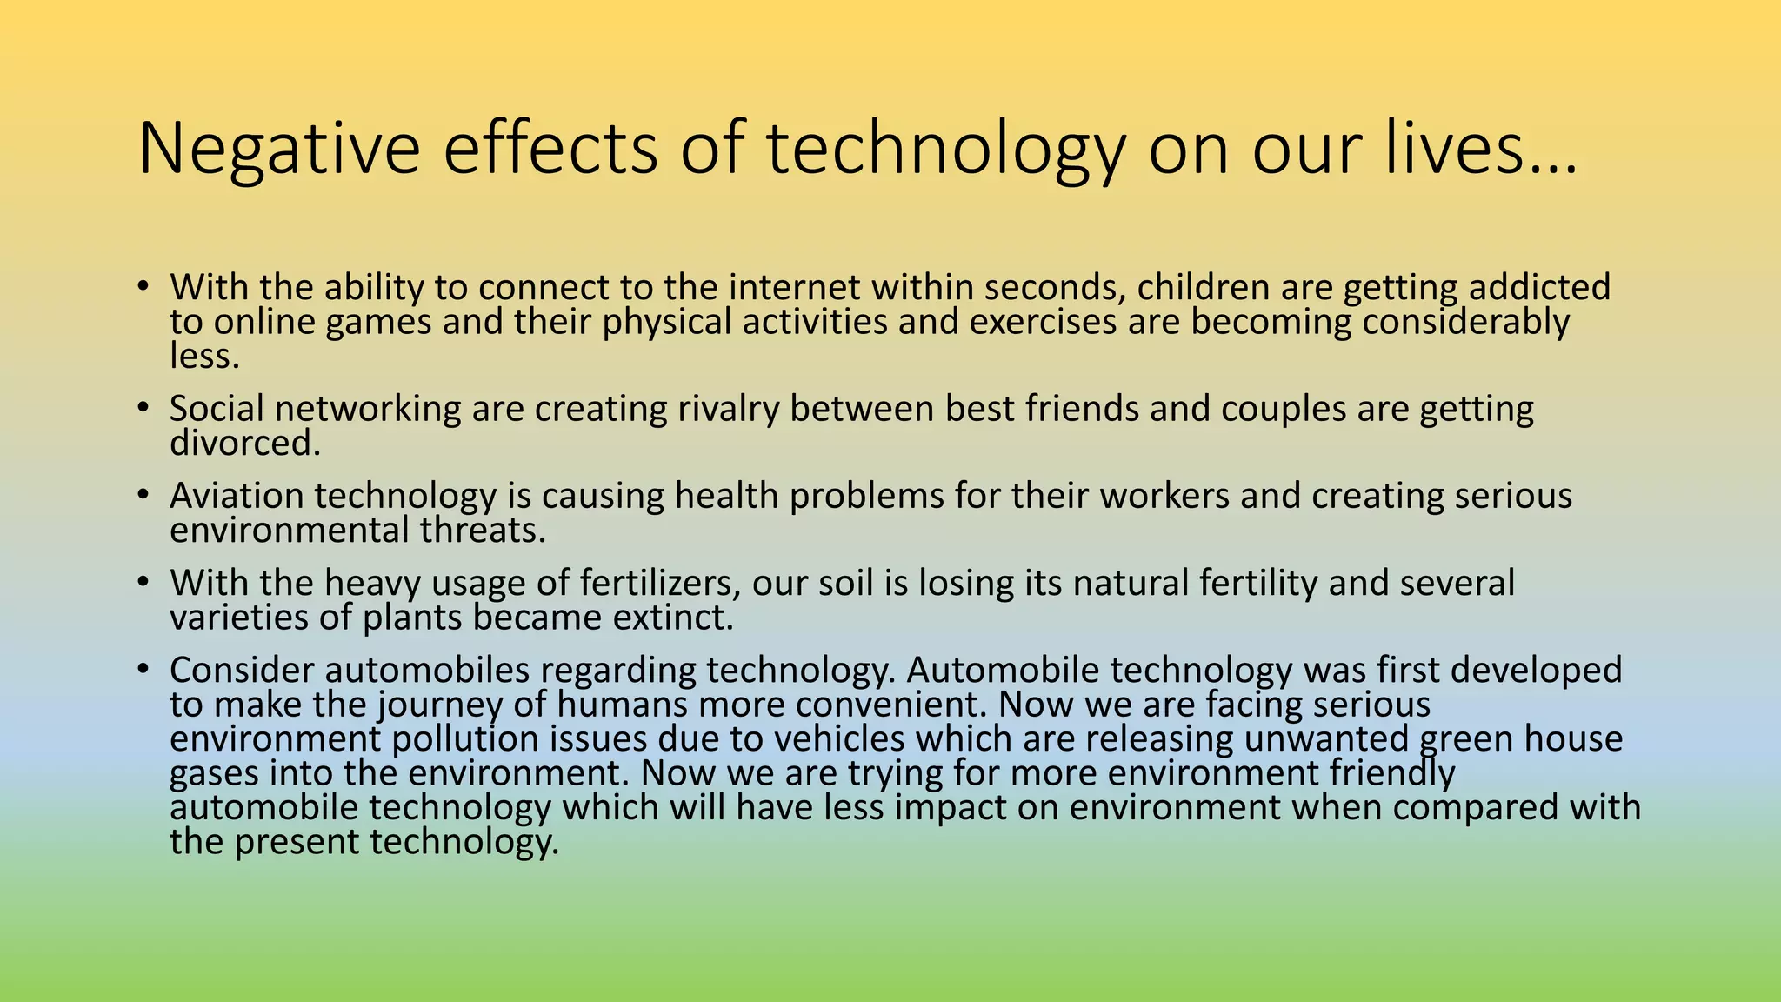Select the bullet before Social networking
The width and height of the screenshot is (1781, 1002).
point(143,408)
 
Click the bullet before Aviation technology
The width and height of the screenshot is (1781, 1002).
point(143,495)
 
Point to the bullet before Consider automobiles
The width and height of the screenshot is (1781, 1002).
point(143,670)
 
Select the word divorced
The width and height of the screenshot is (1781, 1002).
point(244,443)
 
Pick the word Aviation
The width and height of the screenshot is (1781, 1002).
point(237,496)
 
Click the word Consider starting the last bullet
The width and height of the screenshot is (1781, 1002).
point(241,670)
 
